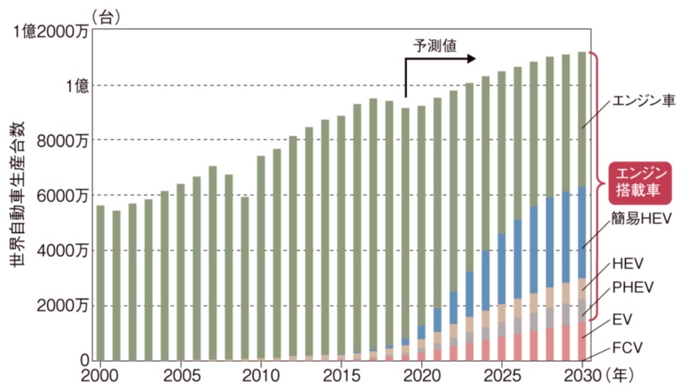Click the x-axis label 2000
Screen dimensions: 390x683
coord(101,375)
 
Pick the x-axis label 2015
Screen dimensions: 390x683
coord(341,375)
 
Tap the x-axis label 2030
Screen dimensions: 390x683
coord(581,375)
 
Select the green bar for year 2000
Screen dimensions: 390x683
coord(101,282)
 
